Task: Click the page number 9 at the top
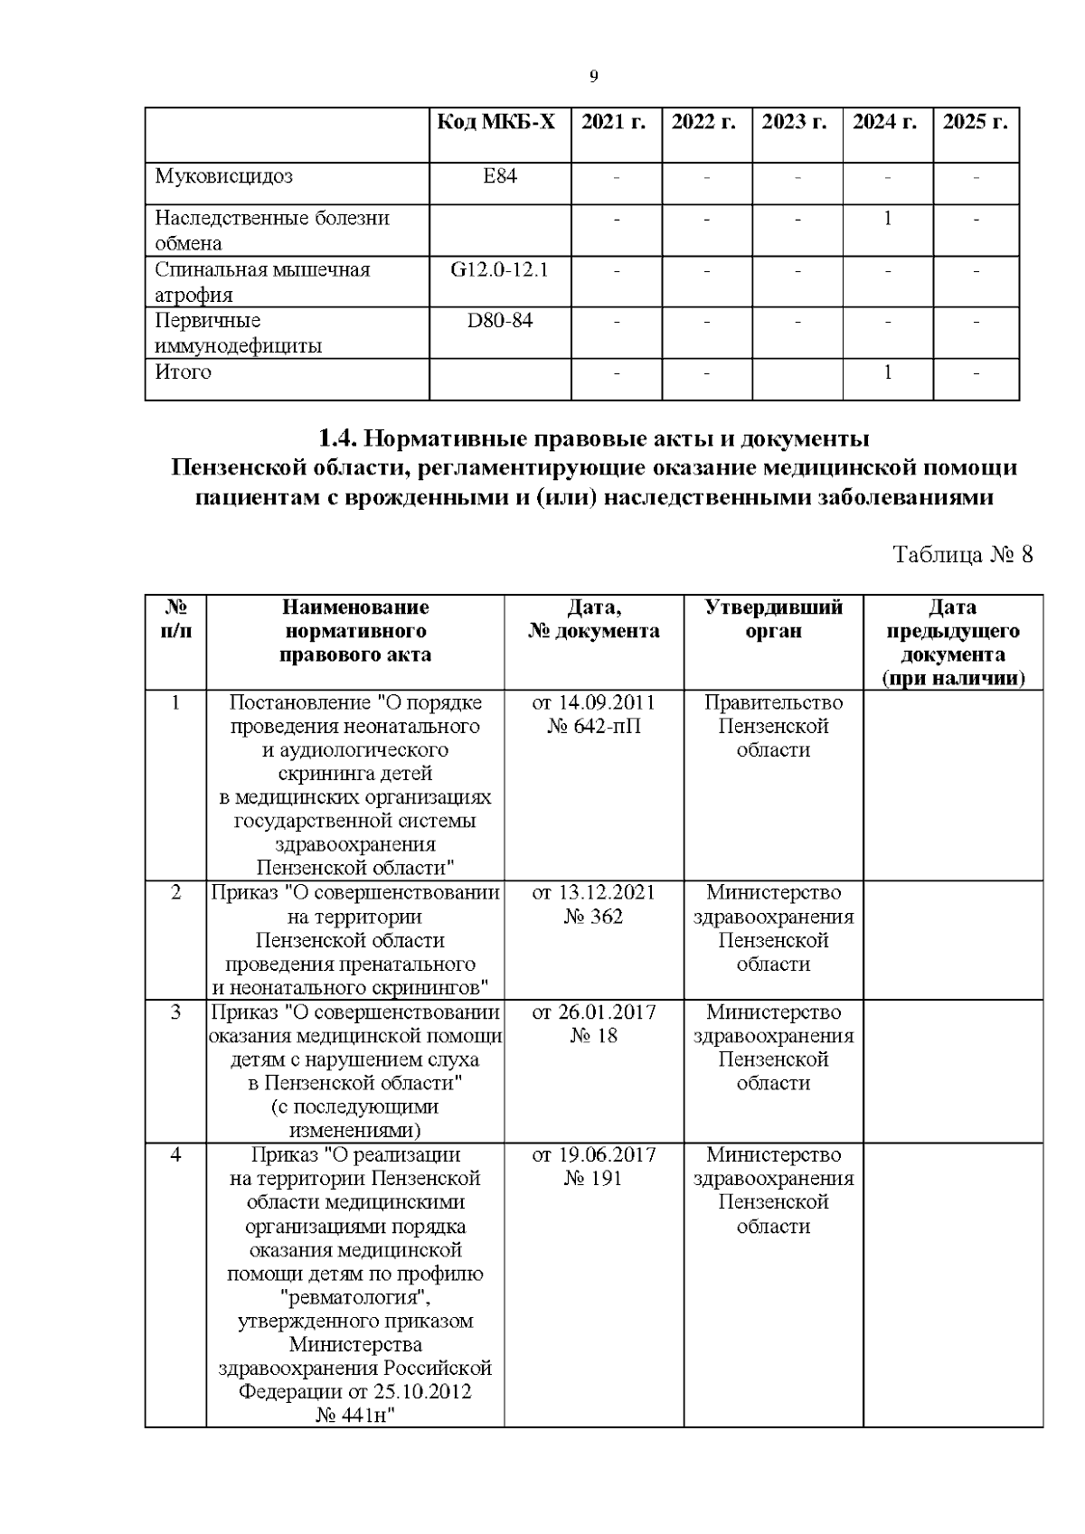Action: [593, 77]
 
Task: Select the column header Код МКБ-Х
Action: [498, 123]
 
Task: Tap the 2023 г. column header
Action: [796, 123]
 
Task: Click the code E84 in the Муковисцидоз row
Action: [499, 176]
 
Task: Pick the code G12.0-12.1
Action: [499, 269]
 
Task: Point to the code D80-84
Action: [499, 321]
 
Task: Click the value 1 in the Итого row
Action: [887, 372]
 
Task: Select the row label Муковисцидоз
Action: [223, 176]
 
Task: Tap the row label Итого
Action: [183, 372]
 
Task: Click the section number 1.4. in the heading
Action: [339, 439]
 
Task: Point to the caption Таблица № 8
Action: [962, 554]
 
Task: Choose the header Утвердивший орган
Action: [773, 619]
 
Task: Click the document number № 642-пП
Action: [593, 727]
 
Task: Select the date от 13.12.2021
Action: [593, 893]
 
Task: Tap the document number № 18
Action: [593, 1036]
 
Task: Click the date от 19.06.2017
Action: [593, 1155]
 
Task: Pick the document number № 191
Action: [593, 1179]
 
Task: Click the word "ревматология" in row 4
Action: [354, 1298]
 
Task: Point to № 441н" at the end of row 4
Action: [355, 1415]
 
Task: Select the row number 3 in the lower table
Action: [175, 1012]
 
